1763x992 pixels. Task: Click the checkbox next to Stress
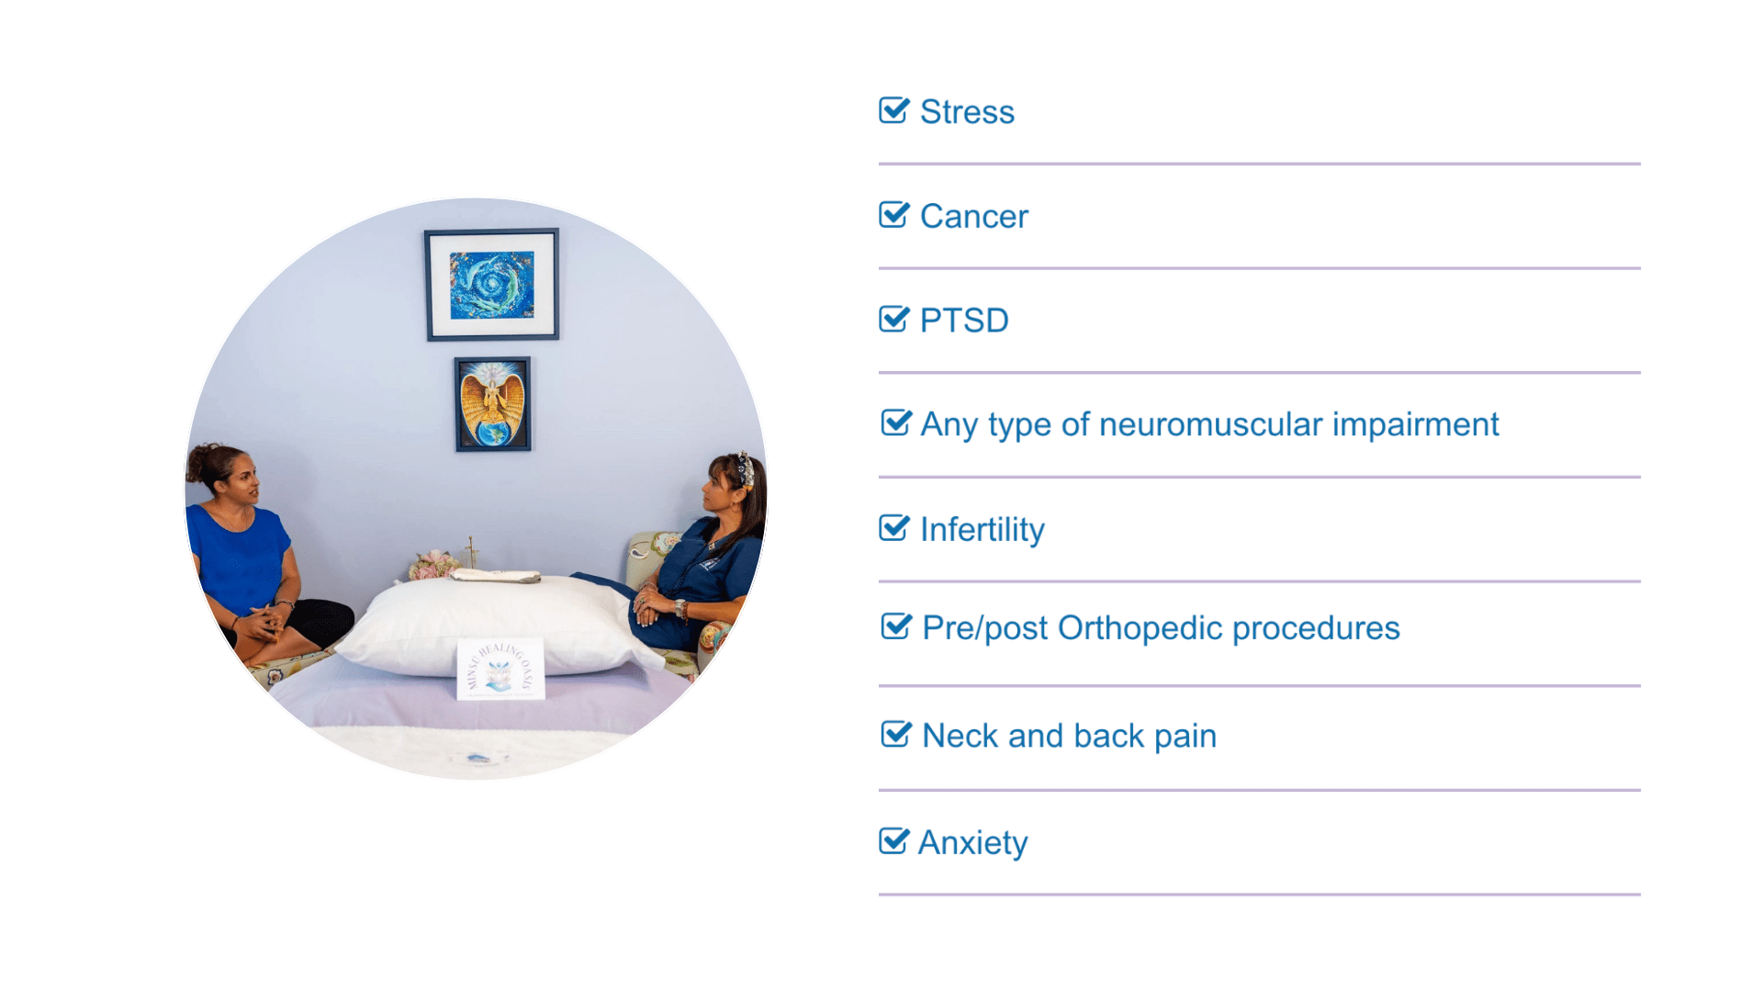coord(893,110)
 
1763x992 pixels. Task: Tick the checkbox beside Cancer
coord(893,214)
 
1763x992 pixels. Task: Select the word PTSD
coord(964,321)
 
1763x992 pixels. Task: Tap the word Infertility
coord(983,529)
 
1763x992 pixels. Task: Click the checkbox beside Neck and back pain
coord(896,734)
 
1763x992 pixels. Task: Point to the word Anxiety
coord(973,842)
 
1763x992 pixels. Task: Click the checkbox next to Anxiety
coord(893,840)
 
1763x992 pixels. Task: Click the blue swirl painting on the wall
coord(492,285)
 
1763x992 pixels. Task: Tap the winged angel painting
coord(493,404)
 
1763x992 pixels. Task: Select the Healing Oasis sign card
coord(500,669)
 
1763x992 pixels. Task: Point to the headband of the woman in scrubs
coord(746,468)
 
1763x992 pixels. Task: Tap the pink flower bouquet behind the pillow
coord(434,564)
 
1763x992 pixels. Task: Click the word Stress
coord(967,112)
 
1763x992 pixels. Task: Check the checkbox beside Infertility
coord(893,527)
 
